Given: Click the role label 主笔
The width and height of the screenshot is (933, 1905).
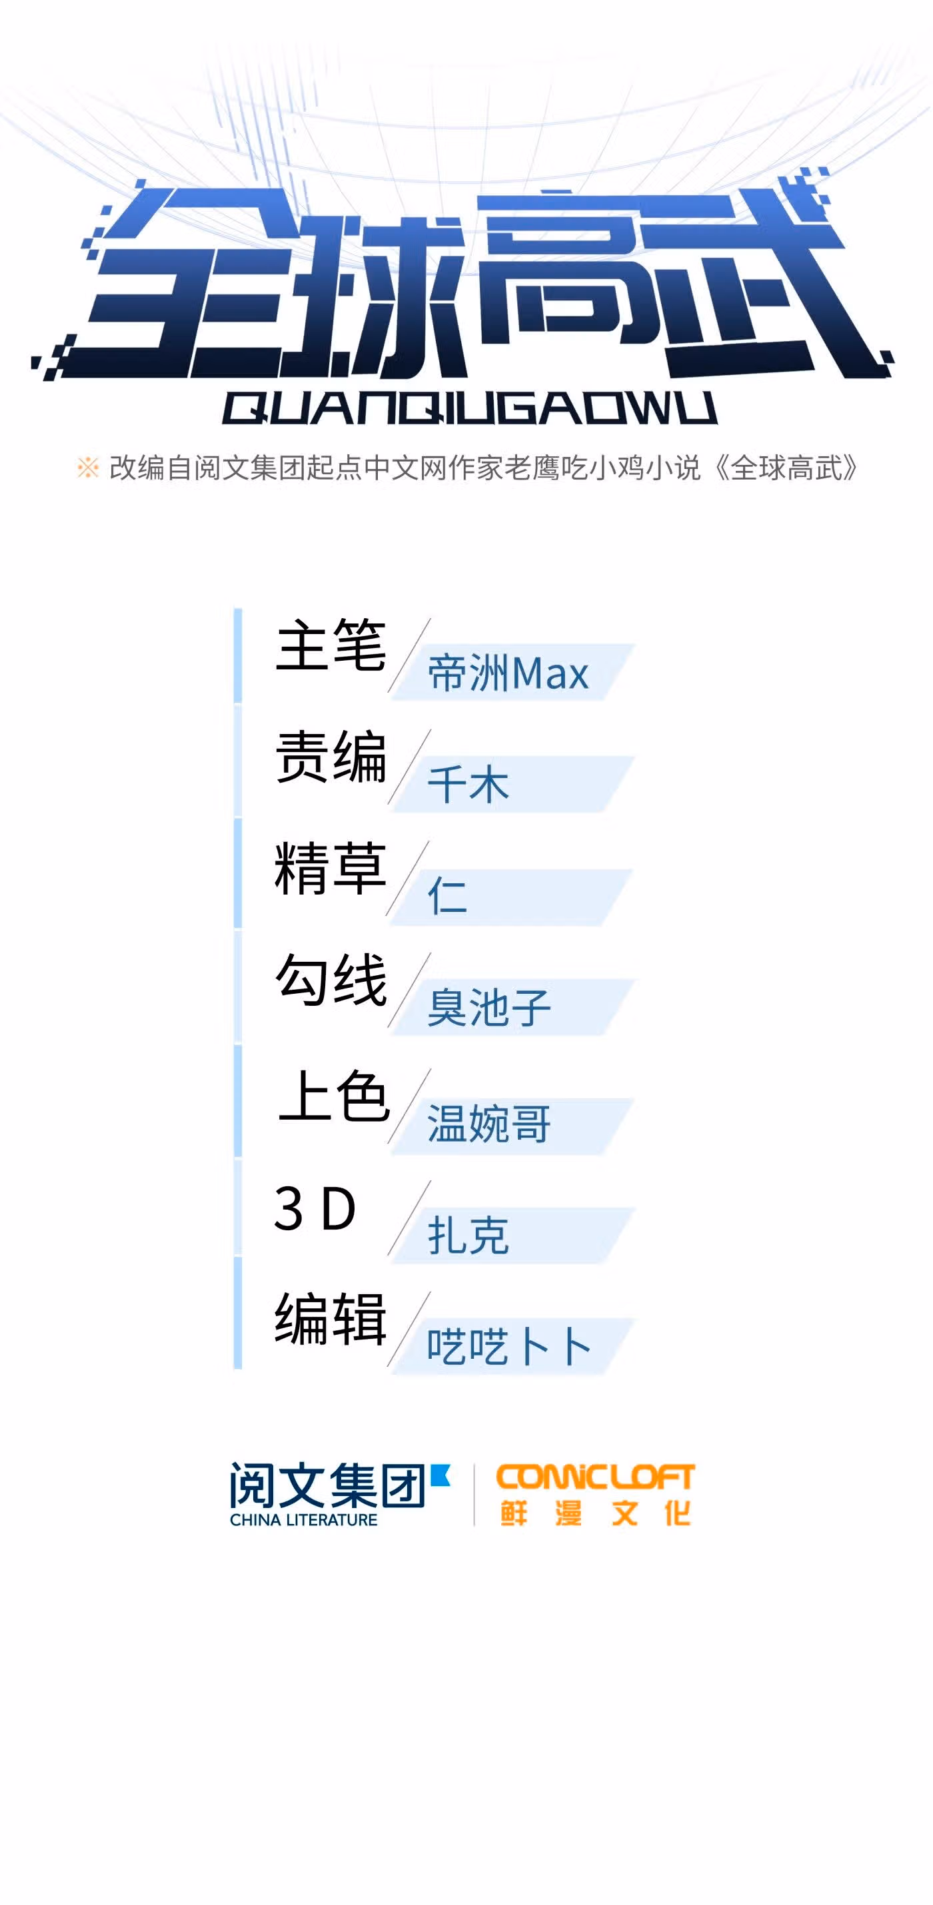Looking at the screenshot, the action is coord(331,645).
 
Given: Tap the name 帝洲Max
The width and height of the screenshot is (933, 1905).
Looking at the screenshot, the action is coord(508,673).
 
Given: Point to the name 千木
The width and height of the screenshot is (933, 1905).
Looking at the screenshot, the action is coord(468,785).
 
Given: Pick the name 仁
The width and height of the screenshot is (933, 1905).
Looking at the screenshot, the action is coord(448,896).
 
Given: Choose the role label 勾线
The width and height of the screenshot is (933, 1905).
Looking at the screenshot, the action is coord(331,980).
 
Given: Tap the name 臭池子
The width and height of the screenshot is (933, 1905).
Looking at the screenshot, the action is coord(489,1007).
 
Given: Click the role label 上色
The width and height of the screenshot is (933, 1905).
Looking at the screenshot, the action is coord(334,1096).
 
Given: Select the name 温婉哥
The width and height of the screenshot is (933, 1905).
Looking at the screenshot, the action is coord(489,1124).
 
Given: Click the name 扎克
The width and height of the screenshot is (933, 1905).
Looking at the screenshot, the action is coord(468,1235).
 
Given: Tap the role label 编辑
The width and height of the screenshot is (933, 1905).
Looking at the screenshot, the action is coord(331,1320).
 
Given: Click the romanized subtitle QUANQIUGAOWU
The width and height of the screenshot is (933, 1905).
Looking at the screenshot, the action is coord(470,408).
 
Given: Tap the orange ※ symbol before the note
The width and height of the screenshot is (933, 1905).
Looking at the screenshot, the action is coord(87,468).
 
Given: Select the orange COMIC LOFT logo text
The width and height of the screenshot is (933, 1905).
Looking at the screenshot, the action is coord(596,1477).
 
